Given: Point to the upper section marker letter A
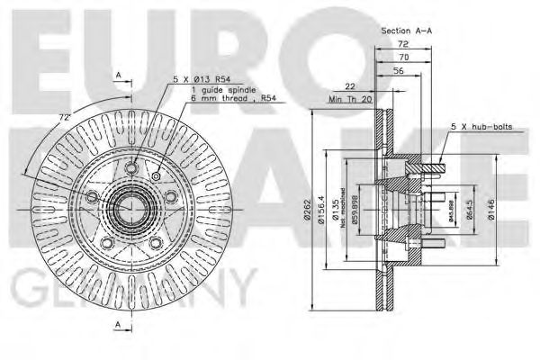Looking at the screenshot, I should [x=118, y=74].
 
